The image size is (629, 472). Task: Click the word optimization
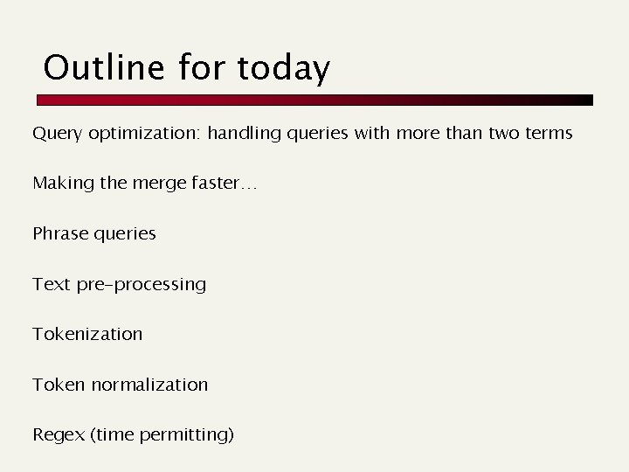(x=144, y=134)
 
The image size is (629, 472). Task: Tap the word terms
(x=547, y=134)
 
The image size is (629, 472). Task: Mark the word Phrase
(x=59, y=234)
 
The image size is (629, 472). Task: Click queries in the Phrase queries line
(x=123, y=234)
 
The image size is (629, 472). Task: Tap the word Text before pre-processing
(x=50, y=284)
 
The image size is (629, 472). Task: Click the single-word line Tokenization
(x=87, y=334)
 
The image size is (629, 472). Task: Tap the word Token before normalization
(x=59, y=385)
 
